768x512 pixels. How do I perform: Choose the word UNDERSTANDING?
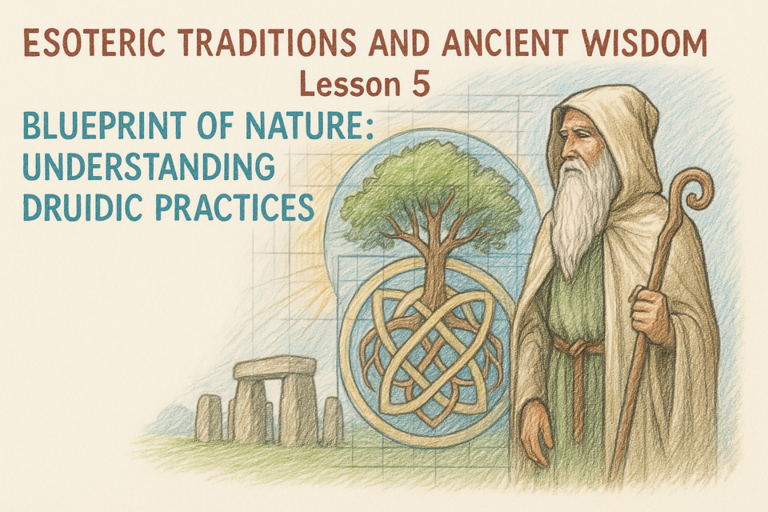tap(149, 167)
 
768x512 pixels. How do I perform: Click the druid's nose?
tap(566, 147)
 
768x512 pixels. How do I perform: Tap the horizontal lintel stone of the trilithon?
tap(274, 368)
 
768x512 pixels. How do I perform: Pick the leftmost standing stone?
tap(209, 418)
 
